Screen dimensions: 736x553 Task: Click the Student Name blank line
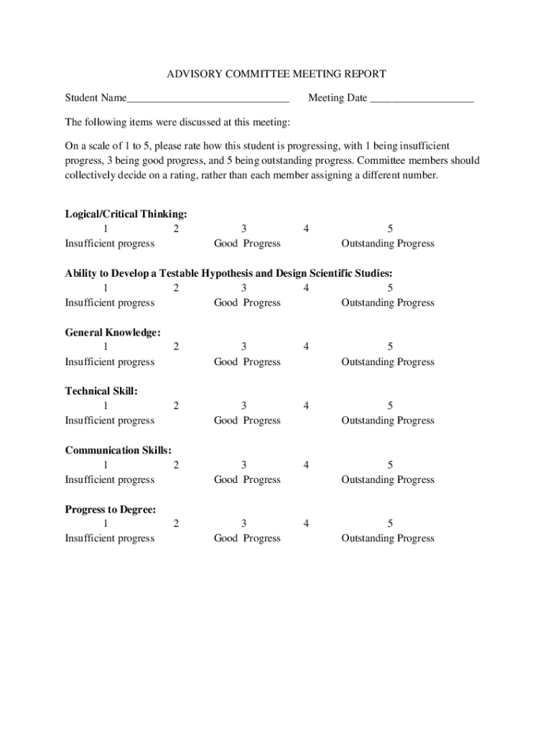point(208,99)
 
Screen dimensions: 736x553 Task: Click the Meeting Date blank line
point(422,99)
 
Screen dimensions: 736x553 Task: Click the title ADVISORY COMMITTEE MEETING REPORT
point(276,74)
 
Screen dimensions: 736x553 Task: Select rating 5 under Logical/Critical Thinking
point(390,229)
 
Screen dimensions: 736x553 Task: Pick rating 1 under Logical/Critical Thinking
point(106,229)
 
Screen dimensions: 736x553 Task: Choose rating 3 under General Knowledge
point(244,346)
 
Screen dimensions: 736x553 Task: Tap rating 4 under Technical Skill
point(306,405)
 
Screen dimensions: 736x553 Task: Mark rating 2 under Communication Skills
point(176,464)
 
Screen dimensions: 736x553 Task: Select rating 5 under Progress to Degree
point(390,523)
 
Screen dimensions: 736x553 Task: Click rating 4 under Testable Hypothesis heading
point(306,287)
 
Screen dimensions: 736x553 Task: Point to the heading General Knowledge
point(113,332)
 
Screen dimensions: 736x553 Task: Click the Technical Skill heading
point(101,391)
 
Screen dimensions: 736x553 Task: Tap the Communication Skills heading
point(118,450)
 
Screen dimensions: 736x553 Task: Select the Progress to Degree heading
point(111,509)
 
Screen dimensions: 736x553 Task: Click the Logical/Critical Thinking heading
point(126,213)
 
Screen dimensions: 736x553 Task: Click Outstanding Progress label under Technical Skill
point(388,420)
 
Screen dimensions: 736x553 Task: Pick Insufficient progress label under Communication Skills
point(110,479)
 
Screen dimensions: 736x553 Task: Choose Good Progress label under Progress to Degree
point(247,538)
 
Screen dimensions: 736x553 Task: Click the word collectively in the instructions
point(91,175)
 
